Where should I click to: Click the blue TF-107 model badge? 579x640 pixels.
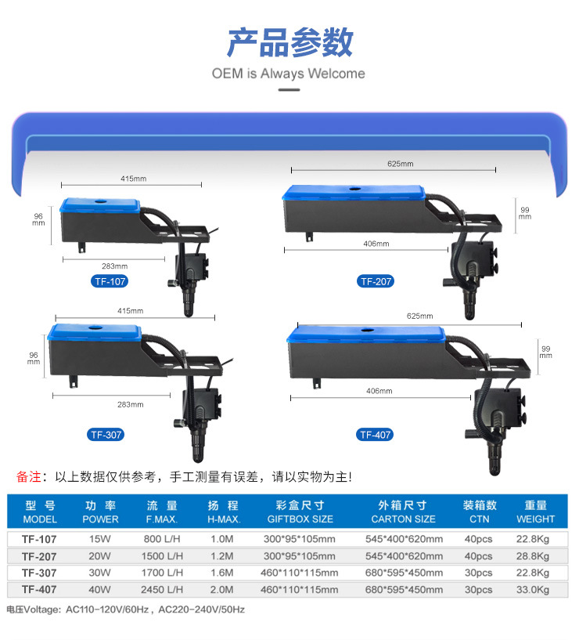(109, 281)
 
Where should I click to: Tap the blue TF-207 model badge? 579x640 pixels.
(376, 281)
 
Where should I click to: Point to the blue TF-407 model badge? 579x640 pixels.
(376, 434)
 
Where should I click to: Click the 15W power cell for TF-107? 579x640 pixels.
(101, 539)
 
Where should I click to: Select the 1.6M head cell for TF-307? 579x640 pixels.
(223, 573)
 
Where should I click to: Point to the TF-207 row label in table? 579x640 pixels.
(40, 556)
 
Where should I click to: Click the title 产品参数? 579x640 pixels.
(289, 42)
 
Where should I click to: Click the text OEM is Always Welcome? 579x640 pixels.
(289, 74)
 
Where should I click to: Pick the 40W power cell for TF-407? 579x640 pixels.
(101, 589)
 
